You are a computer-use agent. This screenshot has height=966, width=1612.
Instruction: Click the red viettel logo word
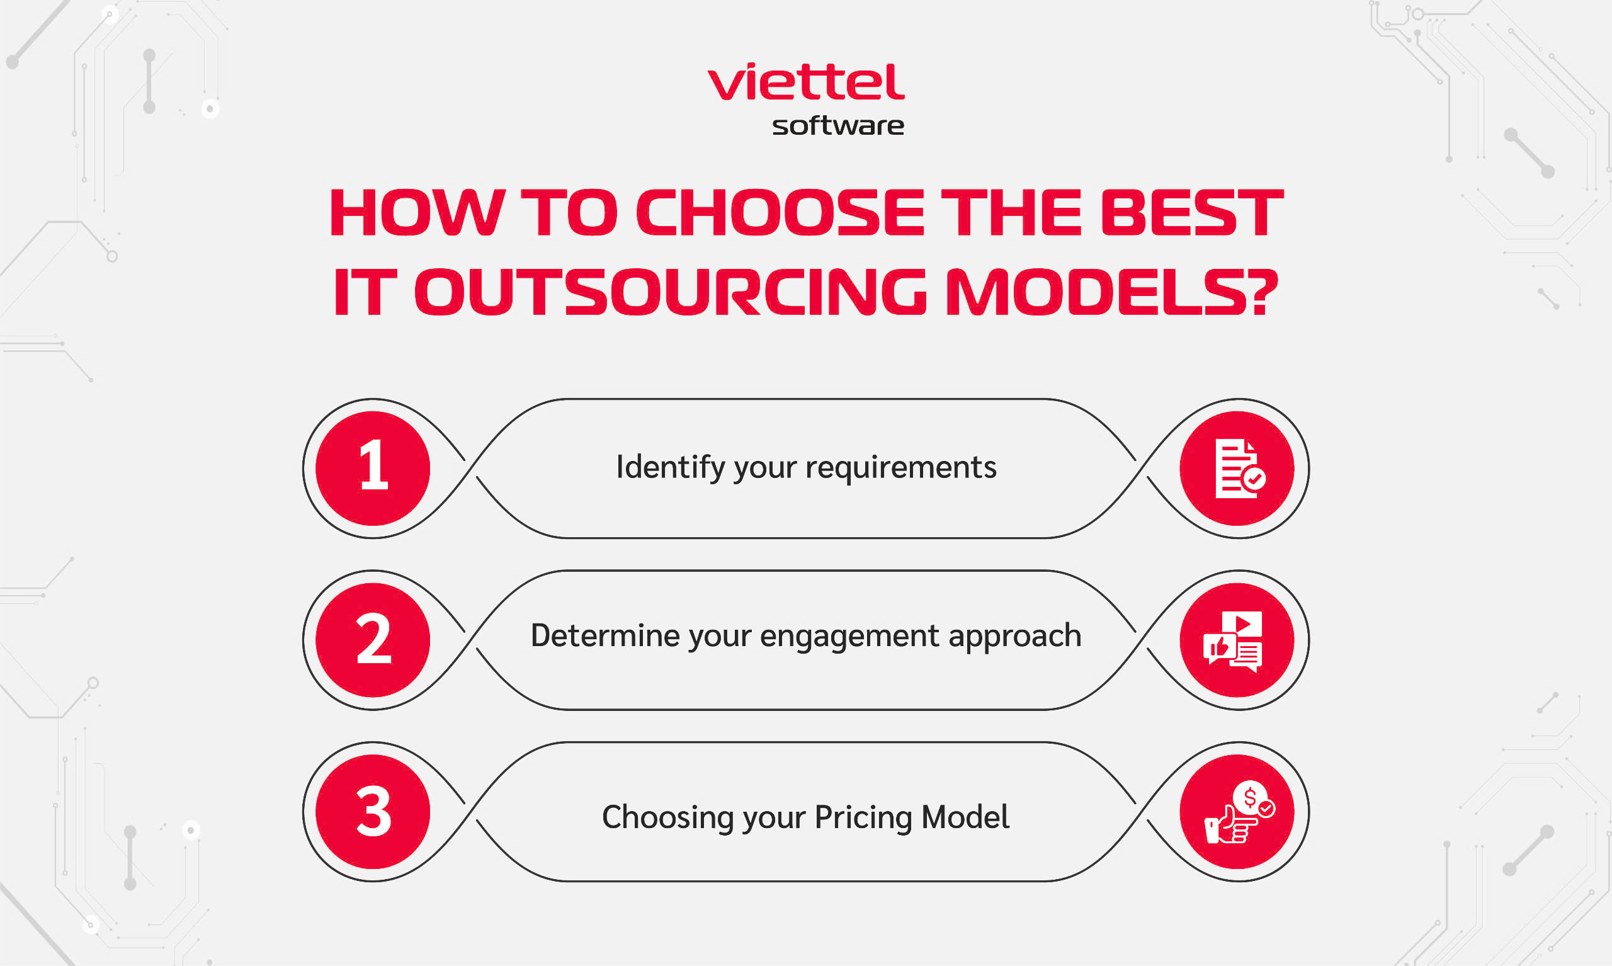point(805,82)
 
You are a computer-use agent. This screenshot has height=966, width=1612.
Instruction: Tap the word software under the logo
point(838,126)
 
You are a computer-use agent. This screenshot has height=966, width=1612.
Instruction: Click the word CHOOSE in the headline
point(780,212)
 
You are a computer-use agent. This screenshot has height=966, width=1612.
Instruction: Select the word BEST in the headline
point(1191,212)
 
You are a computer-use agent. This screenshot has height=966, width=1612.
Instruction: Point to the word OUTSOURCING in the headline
point(671,292)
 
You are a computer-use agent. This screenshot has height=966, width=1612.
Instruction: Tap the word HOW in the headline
point(417,212)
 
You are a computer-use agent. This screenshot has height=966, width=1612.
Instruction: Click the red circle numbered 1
point(373,468)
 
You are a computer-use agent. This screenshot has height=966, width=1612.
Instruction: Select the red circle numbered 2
point(373,640)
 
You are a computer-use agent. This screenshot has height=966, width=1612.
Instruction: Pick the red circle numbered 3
point(373,812)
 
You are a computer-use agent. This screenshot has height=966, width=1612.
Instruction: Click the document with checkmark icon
point(1240,469)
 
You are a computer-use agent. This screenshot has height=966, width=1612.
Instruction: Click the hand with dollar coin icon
point(1240,812)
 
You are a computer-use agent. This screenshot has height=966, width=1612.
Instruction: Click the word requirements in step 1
point(900,467)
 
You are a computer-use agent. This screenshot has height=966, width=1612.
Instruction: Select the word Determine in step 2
point(605,635)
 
